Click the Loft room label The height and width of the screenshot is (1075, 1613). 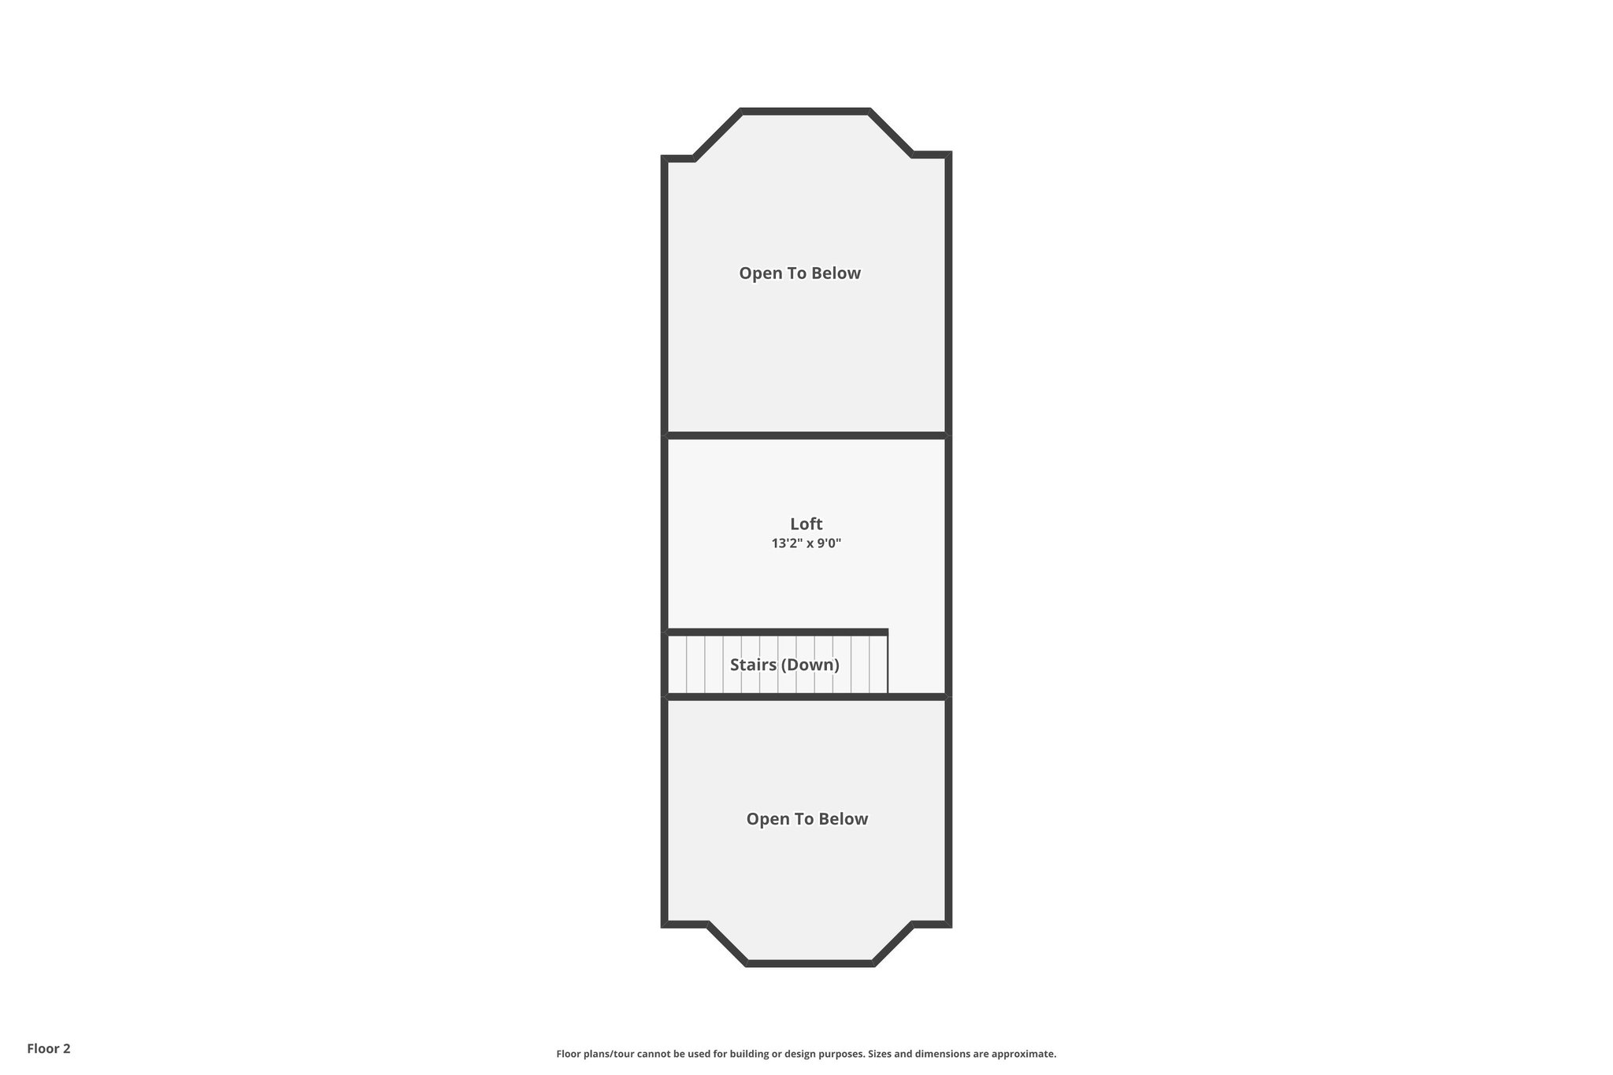[x=806, y=524]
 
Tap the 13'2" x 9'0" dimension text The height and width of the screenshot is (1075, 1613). [x=806, y=543]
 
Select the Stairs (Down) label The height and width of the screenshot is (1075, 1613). [x=784, y=665]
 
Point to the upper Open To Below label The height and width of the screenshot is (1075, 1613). [x=799, y=273]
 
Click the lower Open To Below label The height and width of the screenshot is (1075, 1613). [x=806, y=819]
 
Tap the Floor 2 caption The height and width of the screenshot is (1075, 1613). [x=49, y=1048]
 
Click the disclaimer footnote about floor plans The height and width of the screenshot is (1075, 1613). [x=806, y=1054]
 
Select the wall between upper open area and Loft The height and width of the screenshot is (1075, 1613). [x=806, y=435]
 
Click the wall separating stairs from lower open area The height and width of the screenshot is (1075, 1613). [x=806, y=696]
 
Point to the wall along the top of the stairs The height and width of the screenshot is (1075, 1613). [x=777, y=632]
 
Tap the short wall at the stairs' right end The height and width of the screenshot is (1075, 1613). [x=888, y=664]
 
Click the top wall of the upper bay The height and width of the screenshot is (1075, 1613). [x=805, y=112]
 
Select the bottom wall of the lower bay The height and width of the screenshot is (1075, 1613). [x=810, y=962]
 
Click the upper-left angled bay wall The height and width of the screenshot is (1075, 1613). [x=717, y=135]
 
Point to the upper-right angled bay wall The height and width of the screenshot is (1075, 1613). [x=891, y=133]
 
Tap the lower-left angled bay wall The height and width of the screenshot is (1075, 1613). [x=727, y=943]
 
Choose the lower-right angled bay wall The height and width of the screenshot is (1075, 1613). [x=893, y=943]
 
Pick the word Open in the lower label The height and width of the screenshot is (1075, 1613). [x=766, y=819]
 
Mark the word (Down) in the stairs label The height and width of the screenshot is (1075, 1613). [x=811, y=665]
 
